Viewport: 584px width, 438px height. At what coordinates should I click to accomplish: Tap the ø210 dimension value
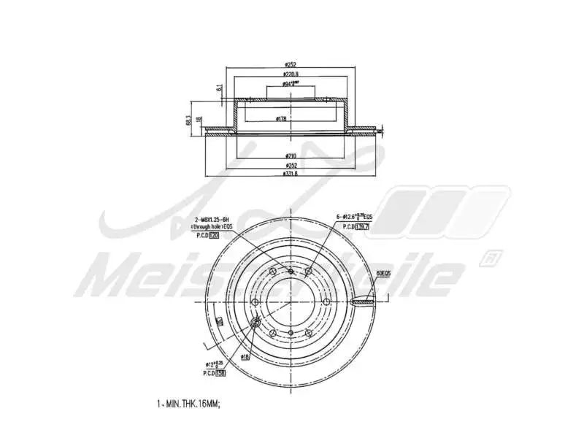(x=291, y=156)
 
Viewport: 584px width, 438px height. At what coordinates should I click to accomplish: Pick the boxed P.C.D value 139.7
(x=361, y=226)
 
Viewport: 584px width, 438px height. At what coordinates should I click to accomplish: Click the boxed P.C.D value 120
(x=215, y=236)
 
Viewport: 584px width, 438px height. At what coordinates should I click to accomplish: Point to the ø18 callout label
(x=246, y=357)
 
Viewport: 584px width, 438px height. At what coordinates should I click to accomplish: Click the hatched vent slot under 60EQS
(x=364, y=300)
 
